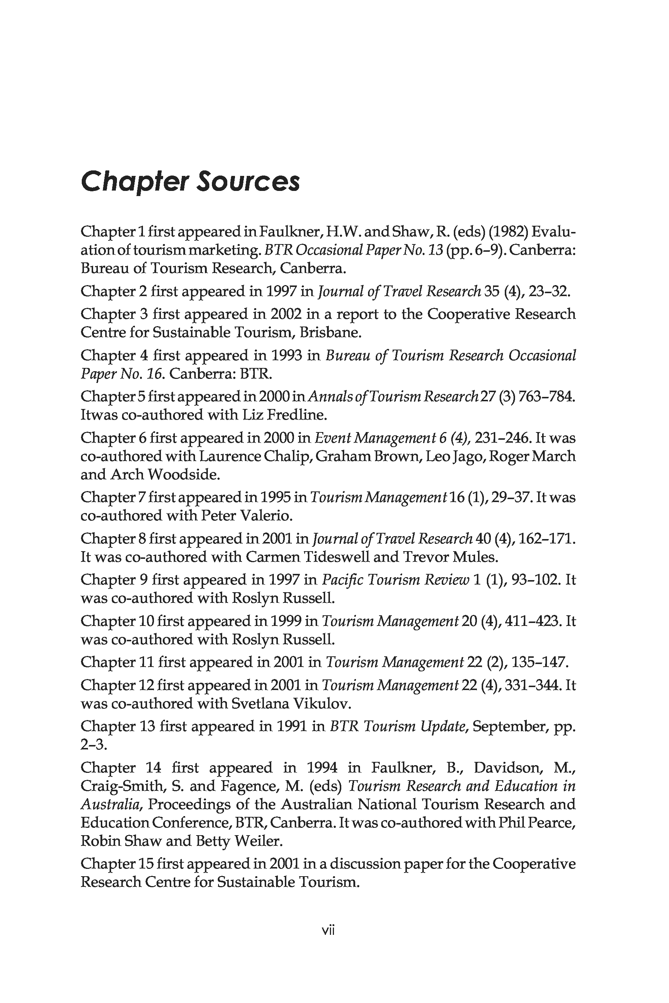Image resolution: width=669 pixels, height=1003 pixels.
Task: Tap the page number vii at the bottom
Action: coord(328,942)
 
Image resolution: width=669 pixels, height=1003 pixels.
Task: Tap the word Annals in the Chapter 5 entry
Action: coord(326,397)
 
